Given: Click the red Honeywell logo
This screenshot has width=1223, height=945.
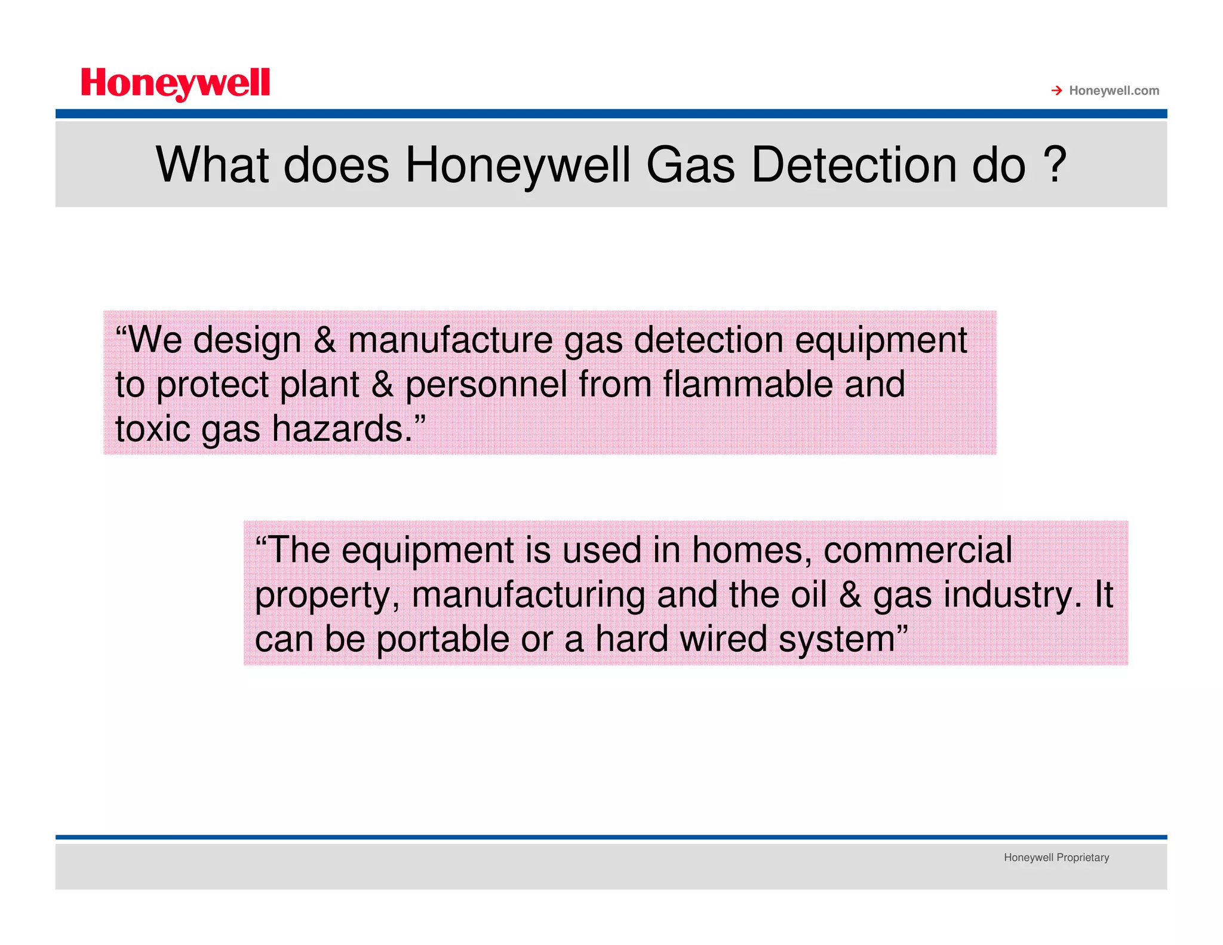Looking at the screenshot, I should [x=175, y=84].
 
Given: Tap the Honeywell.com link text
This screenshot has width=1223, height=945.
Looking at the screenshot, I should [x=1114, y=91].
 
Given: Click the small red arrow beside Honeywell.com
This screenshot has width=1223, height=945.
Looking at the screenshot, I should [x=1056, y=91].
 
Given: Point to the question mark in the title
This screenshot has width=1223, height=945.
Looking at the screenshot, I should [x=1055, y=165].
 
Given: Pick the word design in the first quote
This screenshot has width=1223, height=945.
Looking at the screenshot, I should [x=247, y=341].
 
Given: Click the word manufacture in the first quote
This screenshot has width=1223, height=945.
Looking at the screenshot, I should [x=450, y=341].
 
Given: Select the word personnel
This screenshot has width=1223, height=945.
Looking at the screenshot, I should [x=486, y=385].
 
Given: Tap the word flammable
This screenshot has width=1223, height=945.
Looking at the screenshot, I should [x=748, y=385].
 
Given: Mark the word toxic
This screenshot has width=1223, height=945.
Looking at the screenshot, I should [x=152, y=429].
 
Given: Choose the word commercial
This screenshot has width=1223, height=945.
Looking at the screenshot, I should [x=918, y=550].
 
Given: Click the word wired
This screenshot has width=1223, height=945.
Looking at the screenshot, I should [x=723, y=639].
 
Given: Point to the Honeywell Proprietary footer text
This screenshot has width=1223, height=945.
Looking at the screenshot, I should [x=1056, y=858].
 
